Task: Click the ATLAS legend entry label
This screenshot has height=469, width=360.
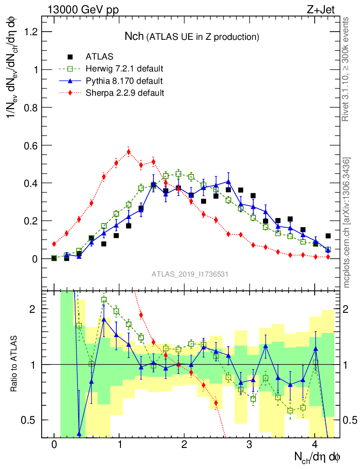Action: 99,57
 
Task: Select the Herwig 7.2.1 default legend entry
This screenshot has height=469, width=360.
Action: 124,69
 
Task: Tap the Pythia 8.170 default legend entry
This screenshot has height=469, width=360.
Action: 124,81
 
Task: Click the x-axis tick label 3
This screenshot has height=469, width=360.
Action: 250,445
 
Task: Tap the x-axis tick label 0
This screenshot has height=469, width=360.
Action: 54,445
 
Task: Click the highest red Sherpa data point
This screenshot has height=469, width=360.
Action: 129,152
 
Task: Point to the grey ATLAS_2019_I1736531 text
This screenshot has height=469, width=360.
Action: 190,274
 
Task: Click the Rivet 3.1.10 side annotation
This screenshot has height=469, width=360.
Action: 346,69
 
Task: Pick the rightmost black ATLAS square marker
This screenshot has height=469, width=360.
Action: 327,236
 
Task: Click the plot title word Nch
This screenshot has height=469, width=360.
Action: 135,36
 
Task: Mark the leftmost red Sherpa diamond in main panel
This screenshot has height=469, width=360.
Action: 54,244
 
